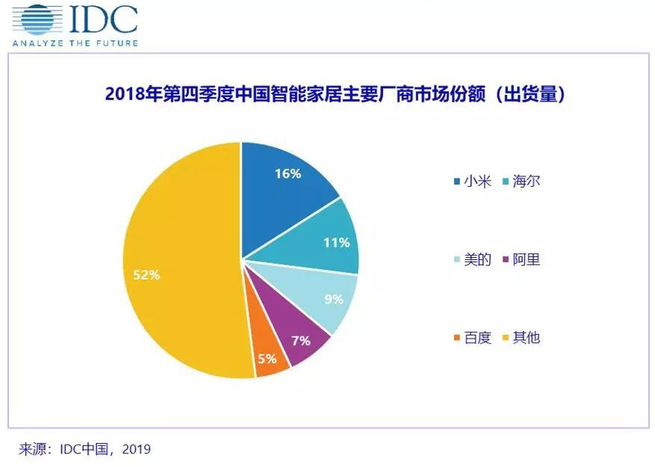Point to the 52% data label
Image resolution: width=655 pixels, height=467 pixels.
(x=146, y=275)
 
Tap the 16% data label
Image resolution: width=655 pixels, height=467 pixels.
(x=288, y=173)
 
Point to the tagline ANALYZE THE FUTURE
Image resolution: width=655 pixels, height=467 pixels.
(x=75, y=43)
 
